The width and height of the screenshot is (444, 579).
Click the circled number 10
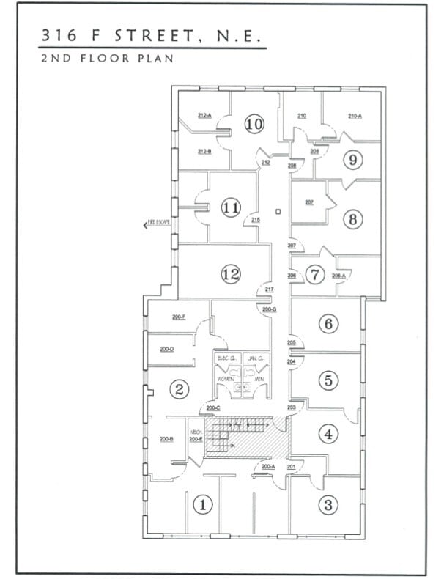pos(254,125)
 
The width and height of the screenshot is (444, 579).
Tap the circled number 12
pos(231,274)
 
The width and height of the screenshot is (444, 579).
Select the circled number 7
pos(315,275)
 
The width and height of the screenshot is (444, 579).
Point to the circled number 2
pos(180,389)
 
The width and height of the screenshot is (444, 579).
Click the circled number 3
pos(328,504)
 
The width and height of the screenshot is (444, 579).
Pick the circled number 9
pos(353,159)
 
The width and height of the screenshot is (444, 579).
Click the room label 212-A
pos(204,116)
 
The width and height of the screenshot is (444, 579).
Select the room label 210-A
pos(355,116)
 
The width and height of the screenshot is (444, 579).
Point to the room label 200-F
pos(178,317)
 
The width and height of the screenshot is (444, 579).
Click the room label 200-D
pos(166,349)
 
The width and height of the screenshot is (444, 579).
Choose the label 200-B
pos(166,439)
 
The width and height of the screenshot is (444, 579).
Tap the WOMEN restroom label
pos(225,378)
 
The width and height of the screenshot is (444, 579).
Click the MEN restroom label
pos(259,378)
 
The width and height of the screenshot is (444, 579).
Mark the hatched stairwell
pos(249,438)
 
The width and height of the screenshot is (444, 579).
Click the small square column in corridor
pos(278,212)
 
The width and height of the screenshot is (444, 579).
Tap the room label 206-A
pos(338,276)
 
